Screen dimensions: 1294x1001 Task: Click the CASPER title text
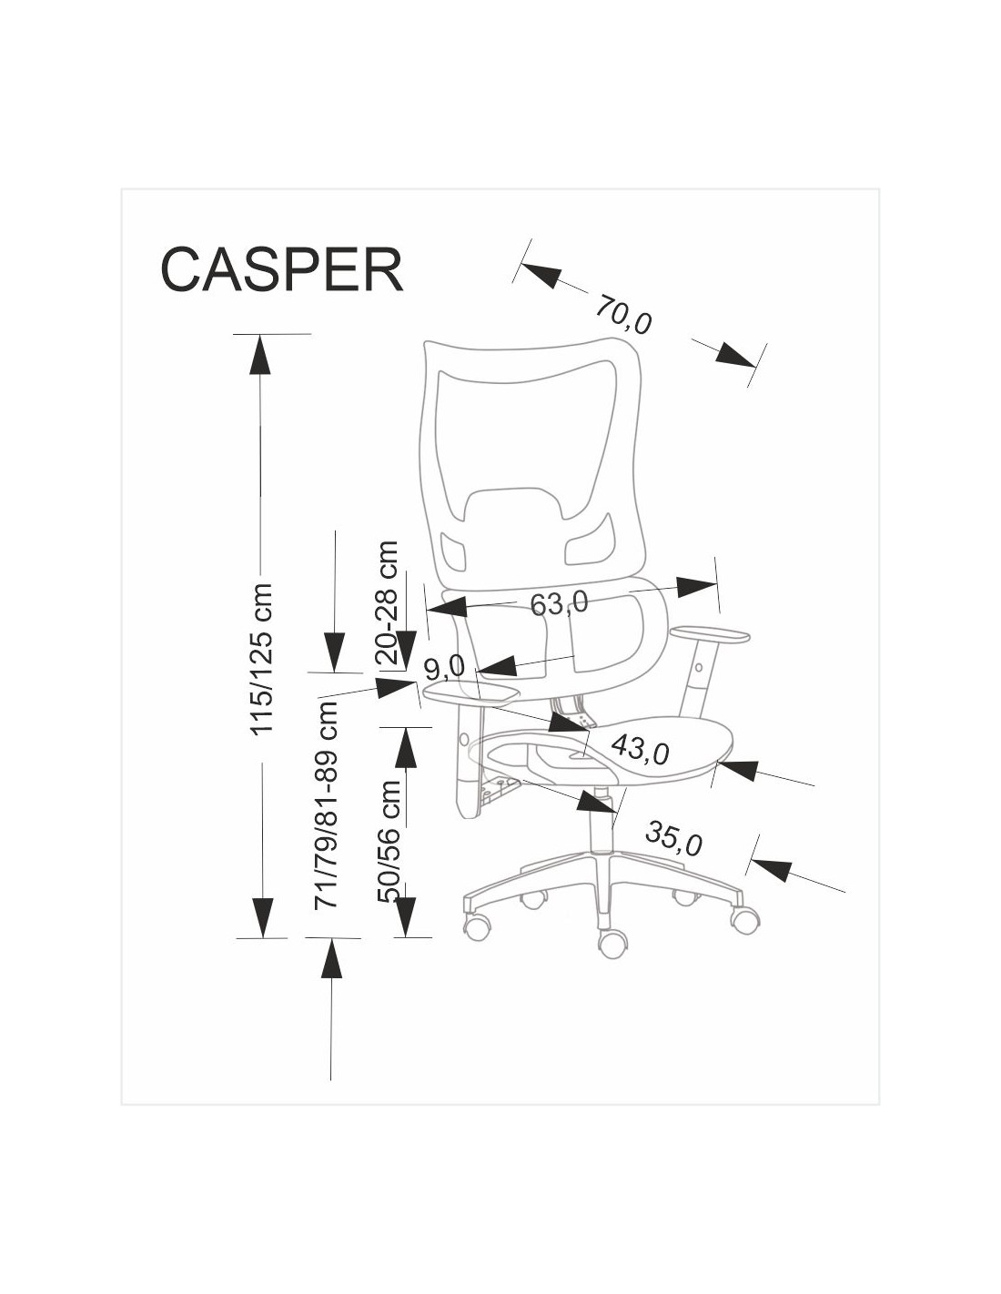[x=281, y=268]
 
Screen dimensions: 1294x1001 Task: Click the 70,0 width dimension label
[x=624, y=314]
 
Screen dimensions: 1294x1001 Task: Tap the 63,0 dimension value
[x=559, y=602]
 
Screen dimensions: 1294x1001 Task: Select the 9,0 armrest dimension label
[x=445, y=667]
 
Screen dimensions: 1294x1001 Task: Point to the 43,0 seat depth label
[x=640, y=749]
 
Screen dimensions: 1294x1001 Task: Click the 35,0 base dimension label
[x=673, y=838]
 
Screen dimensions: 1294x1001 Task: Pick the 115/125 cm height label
[x=262, y=659]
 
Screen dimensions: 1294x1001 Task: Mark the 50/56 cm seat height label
[x=390, y=840]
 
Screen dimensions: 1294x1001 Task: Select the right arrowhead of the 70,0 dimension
[x=736, y=356]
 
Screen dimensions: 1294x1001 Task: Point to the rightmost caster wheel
[x=744, y=918]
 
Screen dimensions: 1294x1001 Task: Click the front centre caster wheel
[x=612, y=942]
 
